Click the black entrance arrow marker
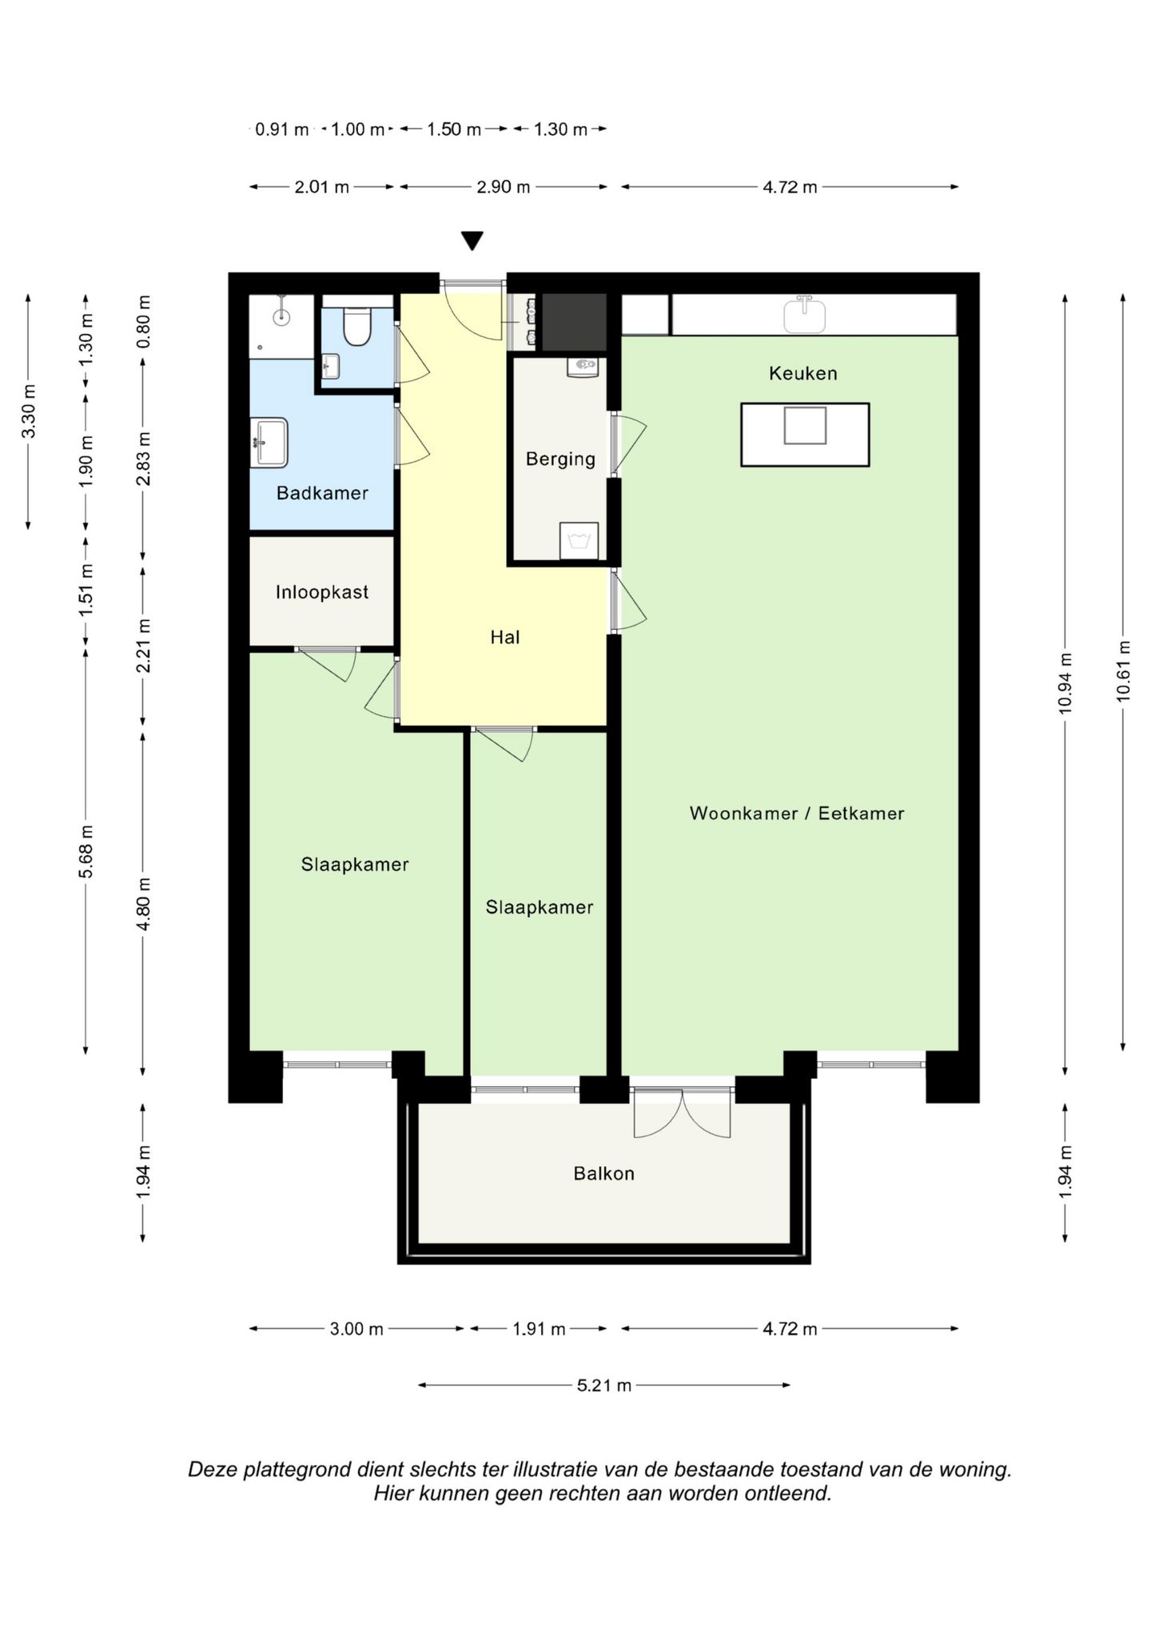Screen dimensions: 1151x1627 pos(472,241)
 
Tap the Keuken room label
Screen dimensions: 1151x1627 pos(803,373)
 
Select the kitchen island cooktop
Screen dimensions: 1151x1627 pos(805,425)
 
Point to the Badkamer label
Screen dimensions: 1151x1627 pos(322,493)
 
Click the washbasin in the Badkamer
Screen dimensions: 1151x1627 pos(269,442)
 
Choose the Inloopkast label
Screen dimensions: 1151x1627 pos(322,592)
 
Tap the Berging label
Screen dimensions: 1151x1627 pos(560,459)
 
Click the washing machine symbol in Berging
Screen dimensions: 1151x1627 pos(579,540)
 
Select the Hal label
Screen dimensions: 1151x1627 pos(505,637)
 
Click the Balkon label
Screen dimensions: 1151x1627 pos(603,1173)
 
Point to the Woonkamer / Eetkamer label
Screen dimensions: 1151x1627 pos(797,813)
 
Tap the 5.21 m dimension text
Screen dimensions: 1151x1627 pos(604,1385)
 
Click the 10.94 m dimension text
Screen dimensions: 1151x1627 pos(1065,684)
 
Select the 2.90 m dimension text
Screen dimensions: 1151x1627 pos(504,187)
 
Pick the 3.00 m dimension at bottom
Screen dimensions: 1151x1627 pos(356,1329)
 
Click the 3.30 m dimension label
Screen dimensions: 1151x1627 pos(29,412)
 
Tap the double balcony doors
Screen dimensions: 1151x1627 pos(682,1112)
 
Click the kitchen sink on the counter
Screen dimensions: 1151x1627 pos(804,314)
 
